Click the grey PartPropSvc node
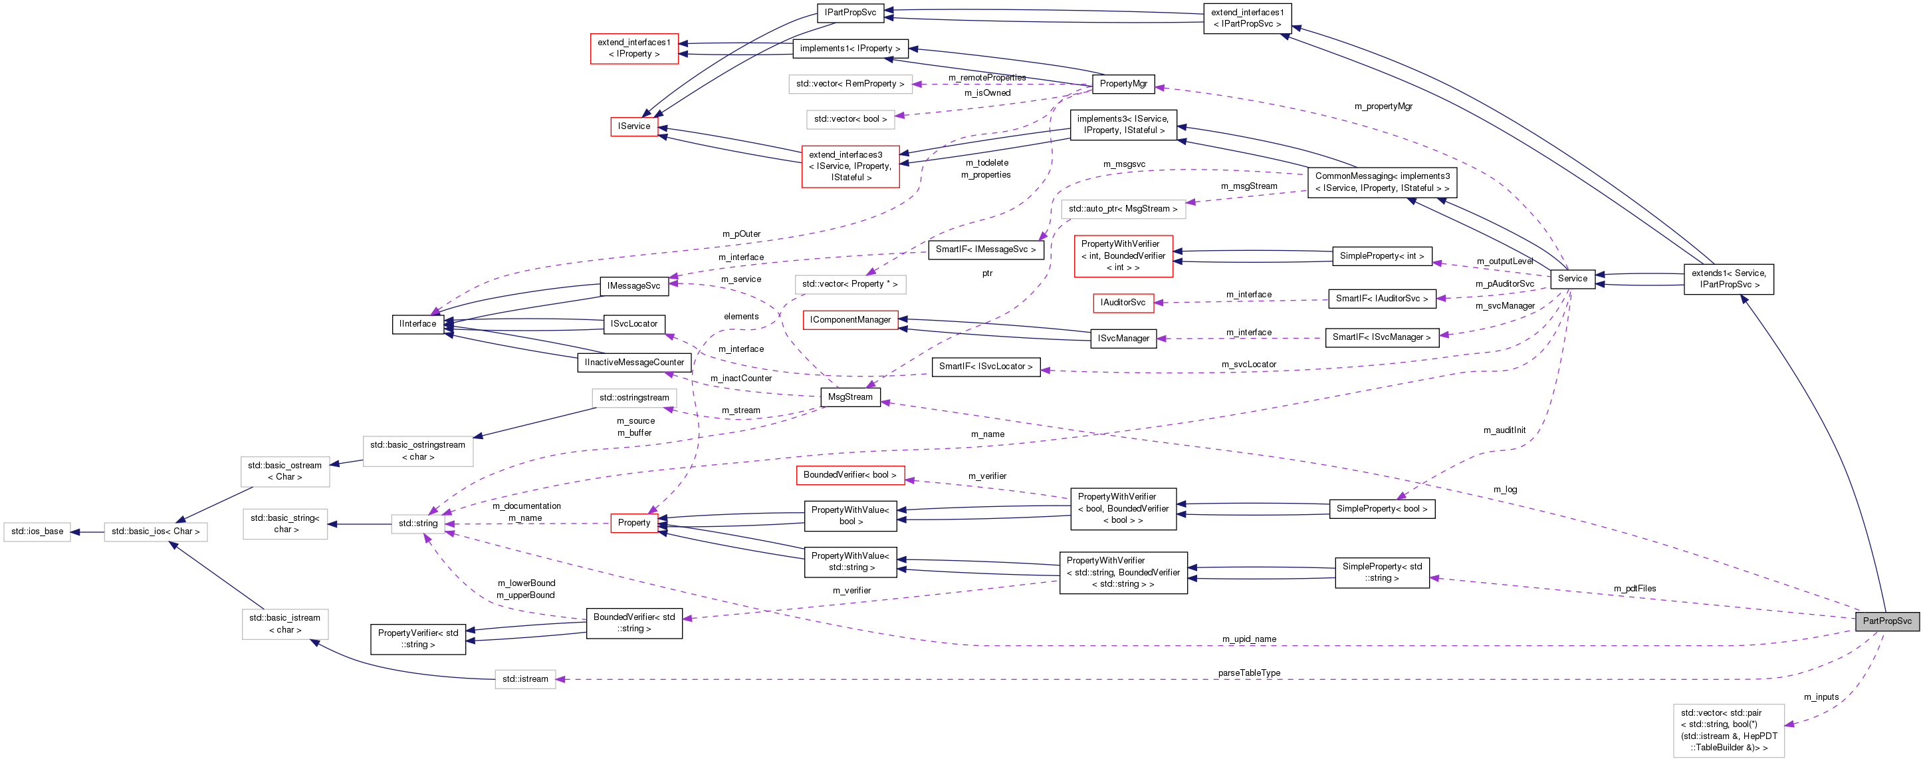pos(1886,621)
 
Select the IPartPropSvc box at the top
pos(850,13)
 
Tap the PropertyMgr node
pos(1123,84)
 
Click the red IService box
pos(633,126)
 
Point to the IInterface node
pos(417,324)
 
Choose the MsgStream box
pos(849,397)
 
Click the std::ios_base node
pos(37,532)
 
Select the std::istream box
pos(525,680)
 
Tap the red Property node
pos(633,523)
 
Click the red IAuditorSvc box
pos(1122,303)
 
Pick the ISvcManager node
pos(1123,339)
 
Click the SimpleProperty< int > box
pos(1381,256)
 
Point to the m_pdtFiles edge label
pos(1634,589)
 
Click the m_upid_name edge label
pos(1249,639)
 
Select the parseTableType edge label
pos(1249,673)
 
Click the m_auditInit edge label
pos(1504,430)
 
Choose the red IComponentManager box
pos(849,321)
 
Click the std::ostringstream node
pos(633,398)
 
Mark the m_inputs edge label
pos(1821,696)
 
